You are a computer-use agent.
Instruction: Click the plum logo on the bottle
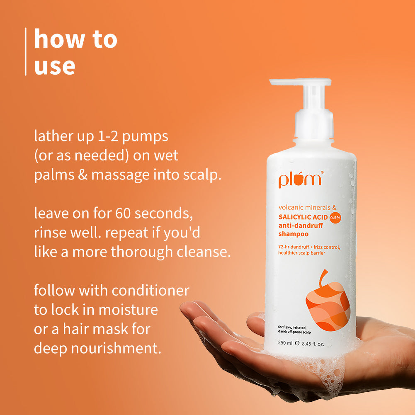(301, 180)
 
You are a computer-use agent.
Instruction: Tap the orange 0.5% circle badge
(335, 218)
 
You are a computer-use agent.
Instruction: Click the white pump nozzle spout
(300, 82)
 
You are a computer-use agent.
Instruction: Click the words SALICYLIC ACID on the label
(303, 217)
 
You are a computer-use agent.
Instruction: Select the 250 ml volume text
(285, 343)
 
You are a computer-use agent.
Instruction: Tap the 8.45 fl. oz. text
(313, 344)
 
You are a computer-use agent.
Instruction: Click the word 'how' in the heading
(59, 39)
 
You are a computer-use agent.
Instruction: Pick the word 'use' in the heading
(55, 66)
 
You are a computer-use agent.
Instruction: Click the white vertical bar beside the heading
(26, 51)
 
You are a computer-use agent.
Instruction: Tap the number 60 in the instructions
(123, 213)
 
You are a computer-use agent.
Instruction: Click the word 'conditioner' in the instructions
(150, 290)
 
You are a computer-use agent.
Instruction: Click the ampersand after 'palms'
(83, 175)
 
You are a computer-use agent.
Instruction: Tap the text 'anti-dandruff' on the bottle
(301, 226)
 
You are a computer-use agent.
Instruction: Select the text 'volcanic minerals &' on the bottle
(307, 207)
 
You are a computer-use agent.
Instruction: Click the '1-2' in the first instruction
(108, 136)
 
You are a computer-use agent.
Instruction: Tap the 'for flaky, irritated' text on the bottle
(292, 328)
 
